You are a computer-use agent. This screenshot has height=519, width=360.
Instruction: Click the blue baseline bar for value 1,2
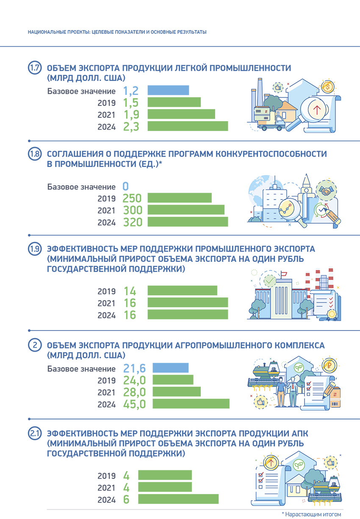[168, 90]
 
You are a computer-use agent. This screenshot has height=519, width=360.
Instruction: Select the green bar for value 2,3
[187, 126]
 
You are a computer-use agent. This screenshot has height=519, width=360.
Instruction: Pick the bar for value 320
[187, 222]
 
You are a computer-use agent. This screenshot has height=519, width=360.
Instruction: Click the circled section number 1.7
[35, 68]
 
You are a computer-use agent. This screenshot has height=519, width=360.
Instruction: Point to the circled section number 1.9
[35, 249]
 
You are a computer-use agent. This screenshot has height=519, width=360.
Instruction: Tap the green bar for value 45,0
[191, 404]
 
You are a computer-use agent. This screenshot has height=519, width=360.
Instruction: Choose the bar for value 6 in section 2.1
[178, 499]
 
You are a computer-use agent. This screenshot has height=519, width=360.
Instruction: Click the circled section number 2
[35, 345]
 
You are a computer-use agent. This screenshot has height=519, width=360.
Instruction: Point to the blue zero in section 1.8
[125, 186]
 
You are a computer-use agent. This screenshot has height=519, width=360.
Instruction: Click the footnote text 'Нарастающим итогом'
[313, 514]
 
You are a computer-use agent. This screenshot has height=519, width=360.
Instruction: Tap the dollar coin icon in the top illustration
[327, 87]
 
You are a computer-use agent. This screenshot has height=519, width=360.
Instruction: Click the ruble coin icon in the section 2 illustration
[327, 364]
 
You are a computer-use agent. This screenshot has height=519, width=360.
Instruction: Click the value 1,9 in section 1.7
[131, 114]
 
